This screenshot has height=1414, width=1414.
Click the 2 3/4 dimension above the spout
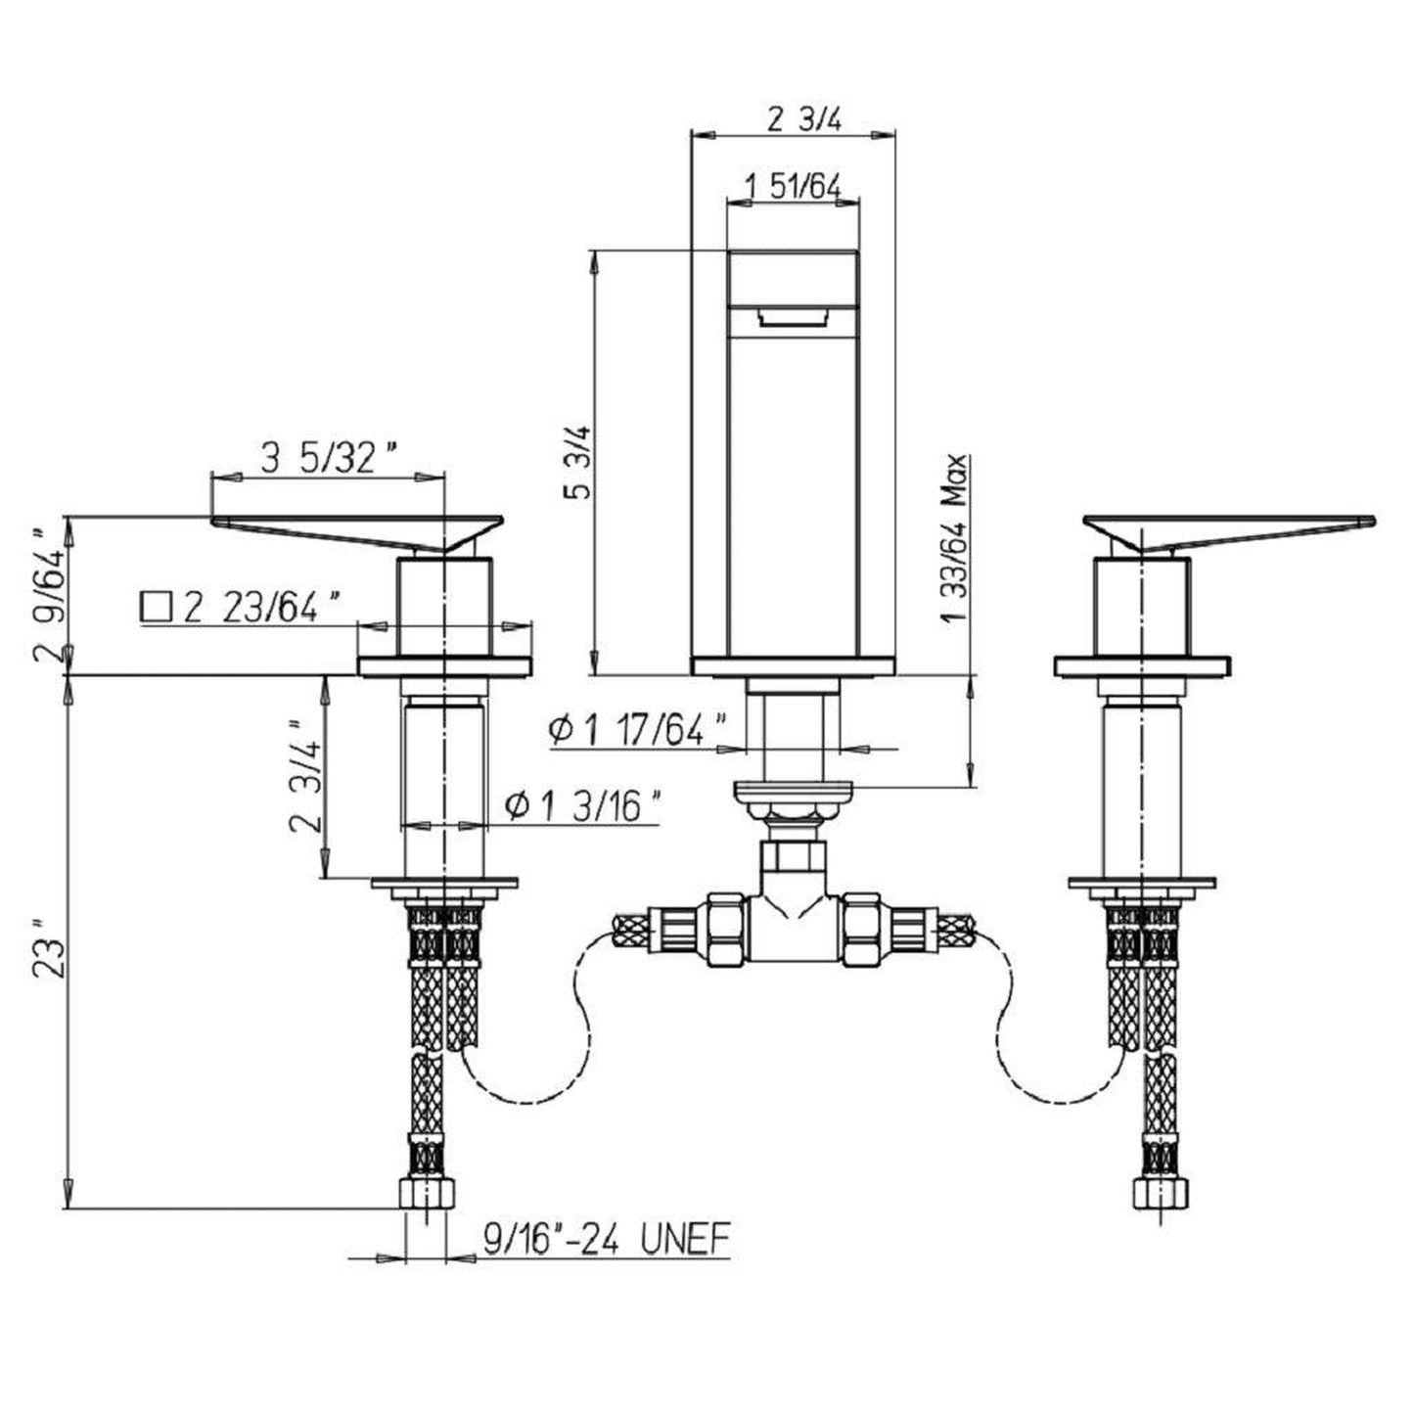(x=803, y=119)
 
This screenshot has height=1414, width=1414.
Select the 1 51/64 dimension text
(x=793, y=184)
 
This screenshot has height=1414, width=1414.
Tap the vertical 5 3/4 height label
(x=580, y=462)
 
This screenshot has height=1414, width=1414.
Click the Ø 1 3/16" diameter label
(x=583, y=807)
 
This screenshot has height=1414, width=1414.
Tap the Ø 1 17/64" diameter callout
(x=638, y=729)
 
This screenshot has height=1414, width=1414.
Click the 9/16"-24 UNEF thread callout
(x=607, y=1241)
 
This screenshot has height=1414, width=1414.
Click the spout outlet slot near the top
(x=792, y=316)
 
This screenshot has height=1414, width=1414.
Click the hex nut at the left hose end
(x=428, y=1195)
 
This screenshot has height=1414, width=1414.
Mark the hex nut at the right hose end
(x=1163, y=1195)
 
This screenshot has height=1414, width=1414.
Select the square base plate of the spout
(x=793, y=666)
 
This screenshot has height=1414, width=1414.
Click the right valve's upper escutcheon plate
(x=1143, y=666)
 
